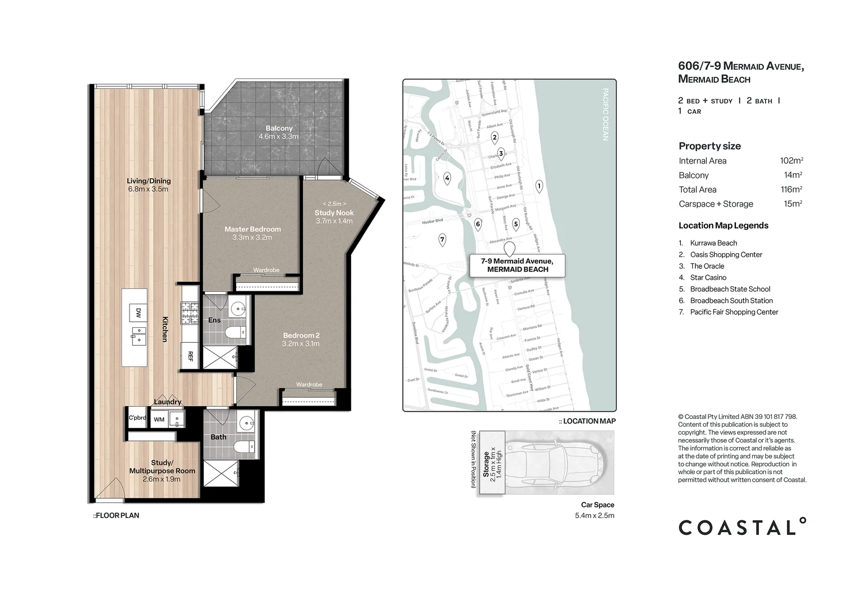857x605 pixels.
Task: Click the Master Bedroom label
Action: point(252,229)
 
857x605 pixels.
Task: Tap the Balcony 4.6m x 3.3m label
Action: point(279,129)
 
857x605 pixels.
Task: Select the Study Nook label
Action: point(334,213)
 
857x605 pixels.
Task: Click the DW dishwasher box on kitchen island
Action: point(138,312)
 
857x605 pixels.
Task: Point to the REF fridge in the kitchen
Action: point(190,356)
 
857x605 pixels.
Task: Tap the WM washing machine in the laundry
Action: point(159,419)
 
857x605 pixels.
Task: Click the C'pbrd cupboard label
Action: point(137,418)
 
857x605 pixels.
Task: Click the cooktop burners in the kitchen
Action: point(189,313)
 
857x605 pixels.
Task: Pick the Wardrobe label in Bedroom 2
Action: point(309,385)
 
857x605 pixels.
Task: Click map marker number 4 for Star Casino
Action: point(447,179)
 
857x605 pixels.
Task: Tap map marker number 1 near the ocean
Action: point(539,185)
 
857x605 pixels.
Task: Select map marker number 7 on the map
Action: point(442,240)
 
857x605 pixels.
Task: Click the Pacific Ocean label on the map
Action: point(605,114)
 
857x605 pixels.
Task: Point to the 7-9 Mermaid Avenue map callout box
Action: point(517,265)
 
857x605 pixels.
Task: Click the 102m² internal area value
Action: point(791,161)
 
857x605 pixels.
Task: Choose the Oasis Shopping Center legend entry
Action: point(726,254)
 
